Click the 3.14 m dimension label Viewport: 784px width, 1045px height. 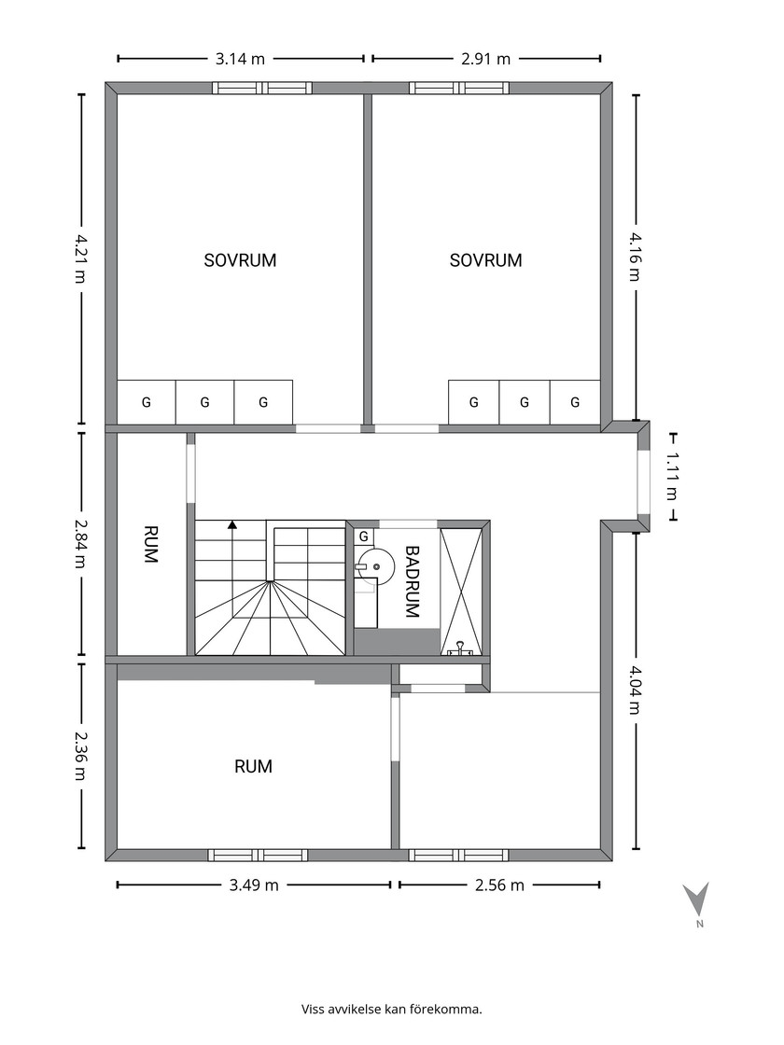coord(240,60)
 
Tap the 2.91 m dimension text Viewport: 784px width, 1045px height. coord(486,60)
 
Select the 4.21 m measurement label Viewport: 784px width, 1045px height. coord(80,258)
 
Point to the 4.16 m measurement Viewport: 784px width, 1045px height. coord(636,256)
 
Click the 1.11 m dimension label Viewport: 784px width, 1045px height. coord(672,476)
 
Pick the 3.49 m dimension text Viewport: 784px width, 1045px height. coord(254,885)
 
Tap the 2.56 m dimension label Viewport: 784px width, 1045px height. coord(499,885)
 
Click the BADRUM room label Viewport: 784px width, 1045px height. coord(413,582)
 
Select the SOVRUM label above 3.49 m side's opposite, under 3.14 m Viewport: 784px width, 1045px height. coord(240,260)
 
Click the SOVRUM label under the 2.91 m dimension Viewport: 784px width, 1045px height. coord(486,260)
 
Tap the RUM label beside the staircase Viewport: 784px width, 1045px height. coord(151,545)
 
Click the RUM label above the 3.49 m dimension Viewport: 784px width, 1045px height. coord(253,766)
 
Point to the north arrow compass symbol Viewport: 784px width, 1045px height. coord(696,900)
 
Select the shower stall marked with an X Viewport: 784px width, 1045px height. coord(461,592)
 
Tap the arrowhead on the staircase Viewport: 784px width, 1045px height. coord(232,524)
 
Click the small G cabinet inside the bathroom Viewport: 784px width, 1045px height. coord(364,536)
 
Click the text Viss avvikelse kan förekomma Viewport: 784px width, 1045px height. coord(392,1009)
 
